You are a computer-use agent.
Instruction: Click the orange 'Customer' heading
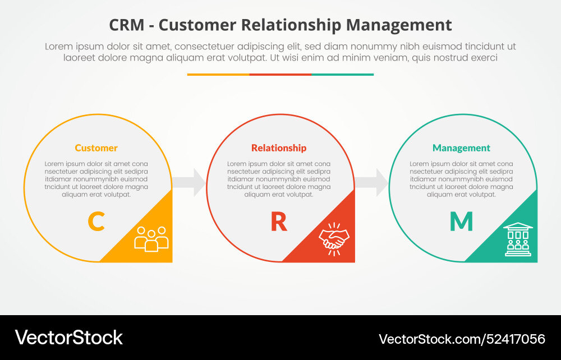pyautogui.click(x=96, y=148)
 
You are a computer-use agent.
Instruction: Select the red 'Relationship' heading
pyautogui.click(x=279, y=148)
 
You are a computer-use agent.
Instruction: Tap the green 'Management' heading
pyautogui.click(x=461, y=148)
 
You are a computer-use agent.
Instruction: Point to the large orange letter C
pyautogui.click(x=96, y=221)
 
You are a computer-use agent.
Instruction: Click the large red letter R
pyautogui.click(x=279, y=221)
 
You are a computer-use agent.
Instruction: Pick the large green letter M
pyautogui.click(x=461, y=221)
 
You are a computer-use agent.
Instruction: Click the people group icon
pyautogui.click(x=151, y=238)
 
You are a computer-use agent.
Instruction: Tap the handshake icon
pyautogui.click(x=334, y=239)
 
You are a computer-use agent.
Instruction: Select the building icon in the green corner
pyautogui.click(x=518, y=239)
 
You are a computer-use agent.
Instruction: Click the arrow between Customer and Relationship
pyautogui.click(x=190, y=182)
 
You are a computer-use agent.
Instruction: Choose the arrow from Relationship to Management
pyautogui.click(x=372, y=182)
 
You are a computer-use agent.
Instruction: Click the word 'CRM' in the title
pyautogui.click(x=127, y=25)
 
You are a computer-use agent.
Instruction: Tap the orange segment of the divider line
pyautogui.click(x=218, y=74)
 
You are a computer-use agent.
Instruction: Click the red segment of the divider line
pyautogui.click(x=280, y=74)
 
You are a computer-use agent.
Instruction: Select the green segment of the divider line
pyautogui.click(x=342, y=74)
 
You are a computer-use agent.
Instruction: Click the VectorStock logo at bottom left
pyautogui.click(x=69, y=338)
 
